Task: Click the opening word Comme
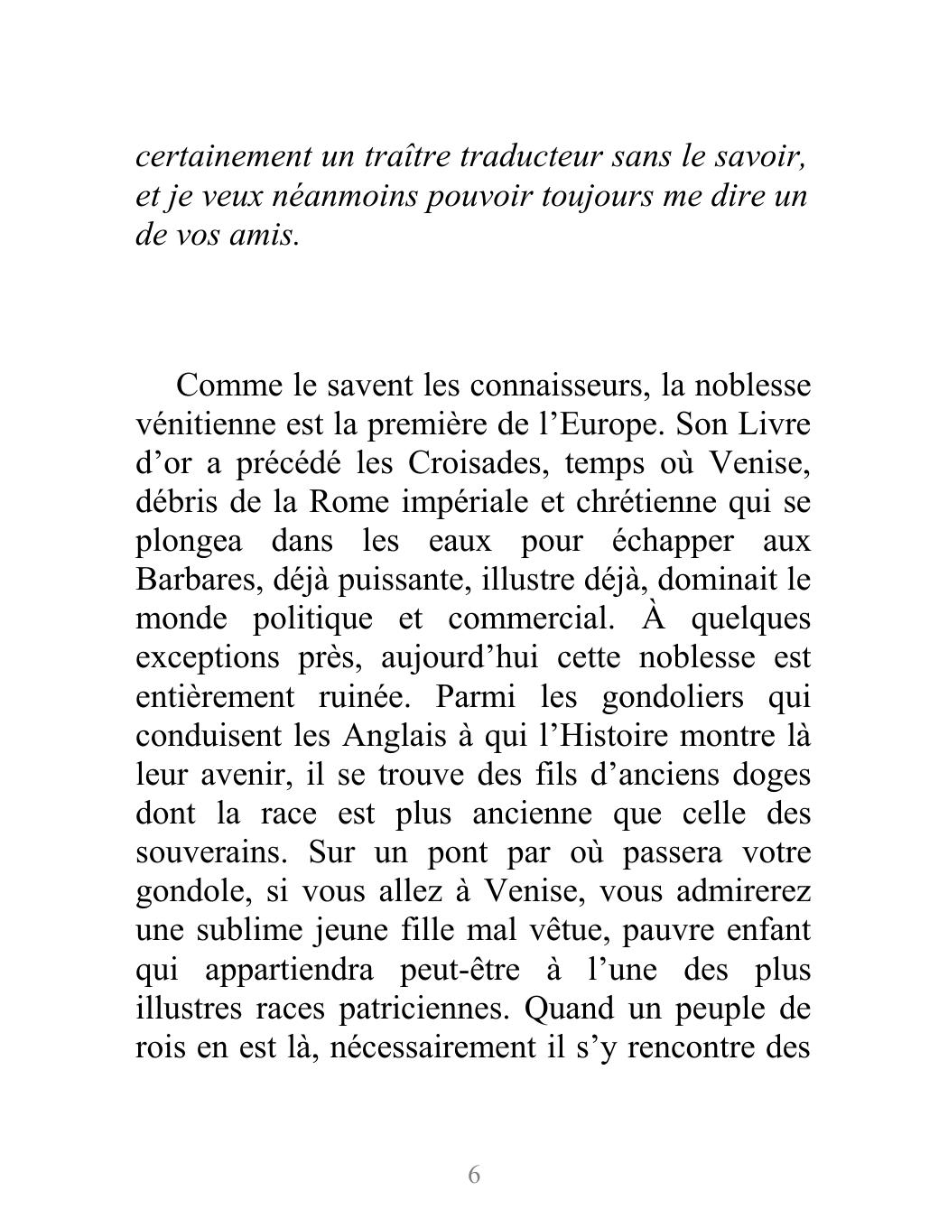228,386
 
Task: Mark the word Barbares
197,580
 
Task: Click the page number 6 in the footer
474,1175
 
